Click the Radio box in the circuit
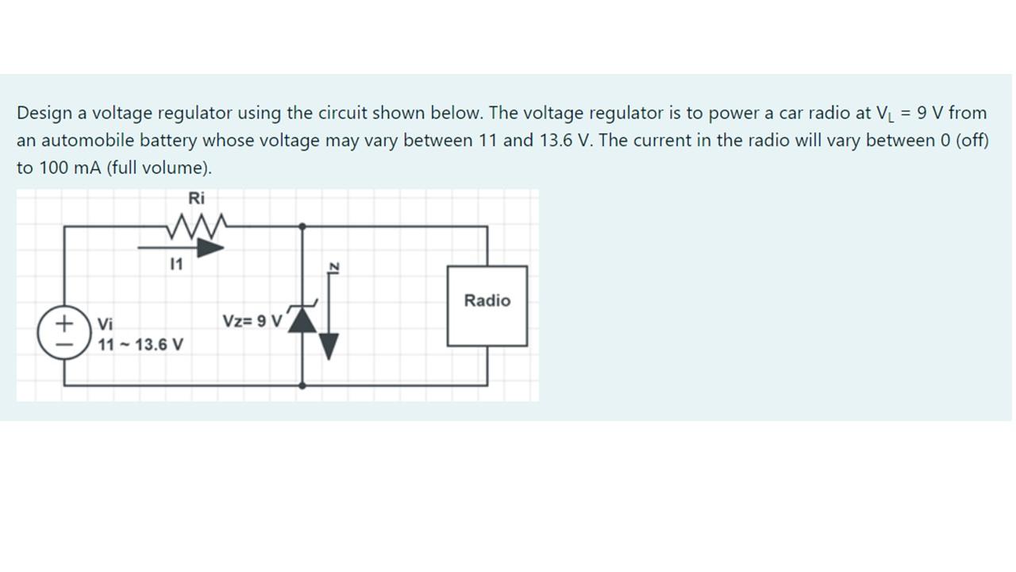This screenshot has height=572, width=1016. tap(487, 306)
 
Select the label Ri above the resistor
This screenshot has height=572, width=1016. tap(196, 198)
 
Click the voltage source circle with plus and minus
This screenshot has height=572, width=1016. tap(63, 333)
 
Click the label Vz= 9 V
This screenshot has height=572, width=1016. tap(252, 322)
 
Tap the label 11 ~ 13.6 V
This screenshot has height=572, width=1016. tap(140, 346)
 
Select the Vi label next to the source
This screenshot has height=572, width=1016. tap(106, 324)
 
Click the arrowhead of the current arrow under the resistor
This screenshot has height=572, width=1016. tap(210, 248)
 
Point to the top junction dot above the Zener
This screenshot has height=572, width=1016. tap(302, 226)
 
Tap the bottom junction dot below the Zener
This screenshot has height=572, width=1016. tap(302, 385)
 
